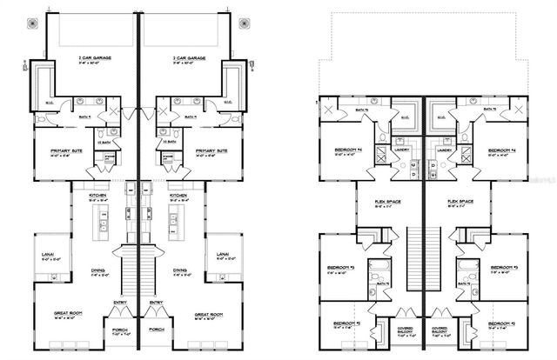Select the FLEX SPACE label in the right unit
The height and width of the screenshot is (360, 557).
(x=460, y=202)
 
